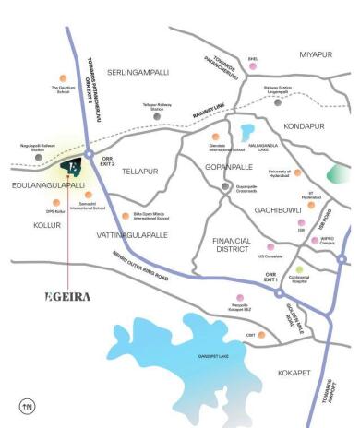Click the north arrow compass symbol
pyautogui.click(x=27, y=405)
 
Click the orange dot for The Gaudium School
pyautogui.click(x=62, y=77)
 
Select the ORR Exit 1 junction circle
pyautogui.click(x=278, y=293)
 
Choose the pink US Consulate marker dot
pyautogui.click(x=270, y=246)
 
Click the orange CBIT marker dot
pyautogui.click(x=262, y=334)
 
